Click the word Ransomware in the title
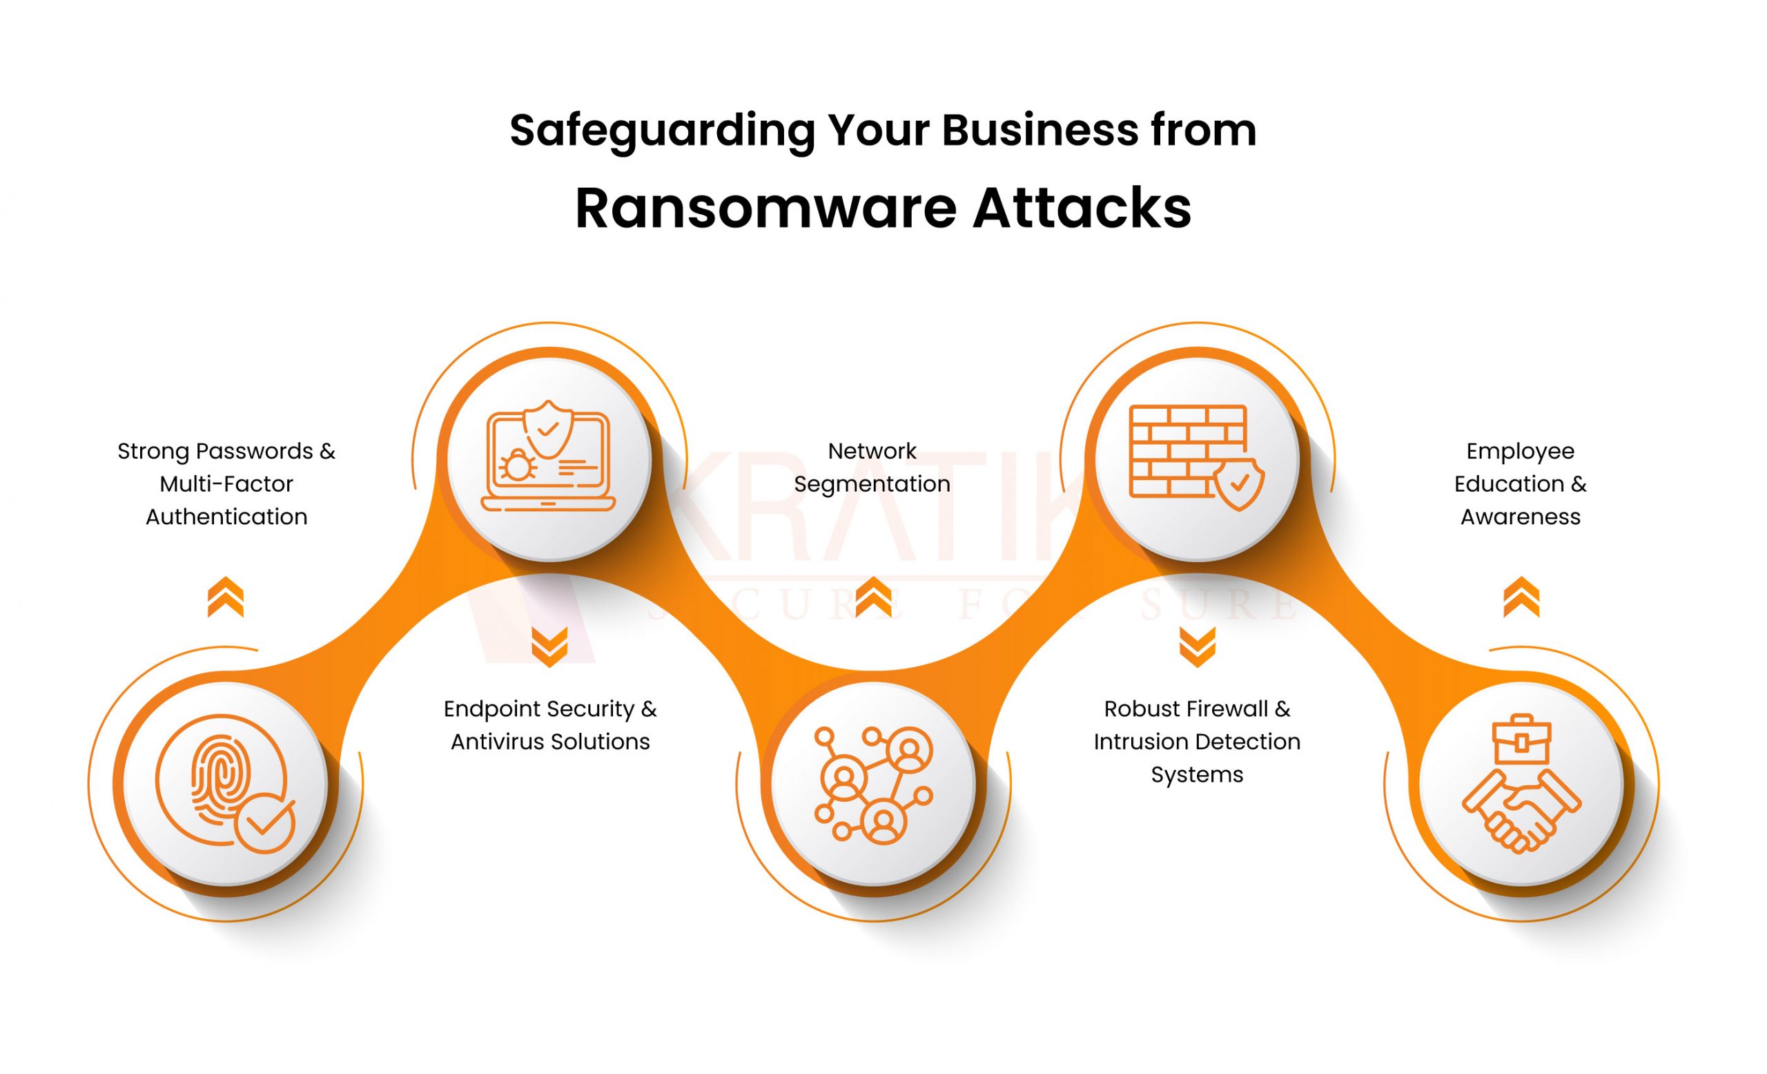pos(765,209)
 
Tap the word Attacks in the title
pos(1082,209)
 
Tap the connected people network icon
pos(872,783)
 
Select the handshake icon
pos(1521,811)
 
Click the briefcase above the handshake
pos(1521,740)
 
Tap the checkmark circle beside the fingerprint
pos(265,822)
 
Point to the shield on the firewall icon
pos(1238,484)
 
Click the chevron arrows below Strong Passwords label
pos(225,597)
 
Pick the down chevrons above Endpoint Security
pos(549,646)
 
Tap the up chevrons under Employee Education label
pos(1521,597)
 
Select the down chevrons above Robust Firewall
pos(1197,646)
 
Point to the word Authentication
pos(226,517)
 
